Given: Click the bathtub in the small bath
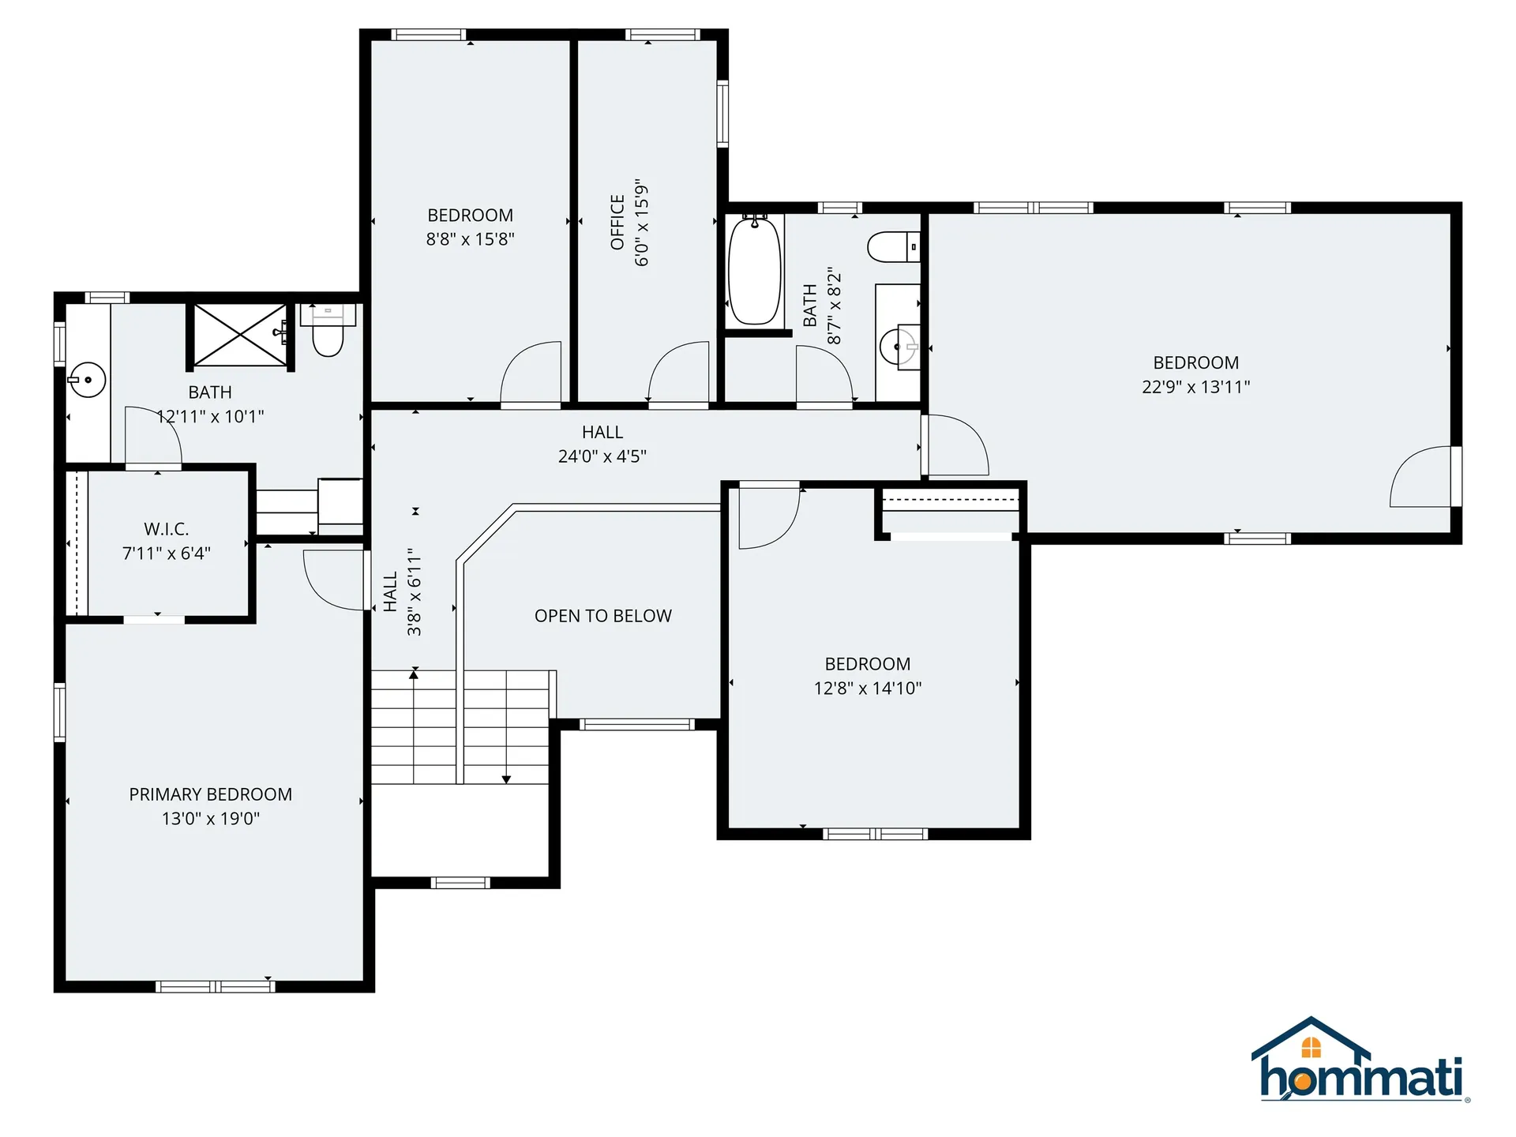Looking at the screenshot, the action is tap(754, 270).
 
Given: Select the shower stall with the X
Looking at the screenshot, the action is tap(240, 335).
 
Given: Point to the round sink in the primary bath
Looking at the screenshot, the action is tap(87, 380).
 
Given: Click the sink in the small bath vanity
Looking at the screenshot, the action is tap(899, 347).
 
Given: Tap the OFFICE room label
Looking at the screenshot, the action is tap(617, 222).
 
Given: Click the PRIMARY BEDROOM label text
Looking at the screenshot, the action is tap(211, 794).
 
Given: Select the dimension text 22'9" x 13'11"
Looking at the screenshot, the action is tap(1195, 387).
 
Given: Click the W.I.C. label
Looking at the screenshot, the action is tap(167, 529).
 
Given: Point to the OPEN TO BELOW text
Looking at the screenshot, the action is tap(603, 616).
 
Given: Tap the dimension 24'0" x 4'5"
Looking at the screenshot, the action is tap(602, 456).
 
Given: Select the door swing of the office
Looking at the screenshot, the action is tap(677, 372).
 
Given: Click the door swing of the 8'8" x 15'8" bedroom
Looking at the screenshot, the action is tap(531, 372).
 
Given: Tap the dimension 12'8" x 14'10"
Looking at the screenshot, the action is tap(868, 689).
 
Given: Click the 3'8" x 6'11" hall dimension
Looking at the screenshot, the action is tap(415, 592).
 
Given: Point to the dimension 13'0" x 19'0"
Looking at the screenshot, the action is tap(211, 819).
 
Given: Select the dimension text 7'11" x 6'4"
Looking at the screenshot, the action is tap(167, 553).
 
